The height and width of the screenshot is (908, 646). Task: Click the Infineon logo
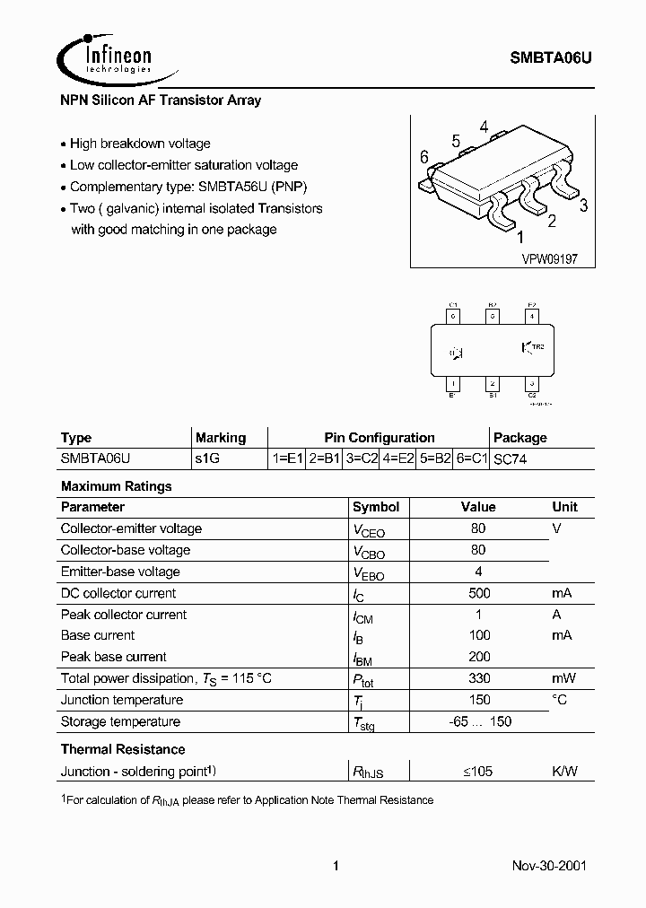point(106,57)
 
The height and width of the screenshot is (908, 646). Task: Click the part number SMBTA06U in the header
point(551,57)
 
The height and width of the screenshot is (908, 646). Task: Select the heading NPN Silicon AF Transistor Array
point(161,100)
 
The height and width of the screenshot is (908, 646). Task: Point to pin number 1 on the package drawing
point(519,238)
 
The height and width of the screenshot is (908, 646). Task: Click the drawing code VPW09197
point(550,258)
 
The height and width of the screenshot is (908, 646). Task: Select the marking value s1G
point(207,458)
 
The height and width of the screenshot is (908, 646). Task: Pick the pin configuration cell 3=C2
point(362,458)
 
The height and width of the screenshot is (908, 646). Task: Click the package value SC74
point(511,458)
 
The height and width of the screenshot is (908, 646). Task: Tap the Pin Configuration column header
point(379,438)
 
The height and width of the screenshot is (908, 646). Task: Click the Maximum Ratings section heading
point(116,486)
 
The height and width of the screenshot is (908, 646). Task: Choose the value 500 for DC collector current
point(478,593)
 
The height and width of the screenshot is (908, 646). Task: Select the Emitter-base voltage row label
point(120,572)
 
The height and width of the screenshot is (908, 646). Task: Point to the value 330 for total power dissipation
point(478,679)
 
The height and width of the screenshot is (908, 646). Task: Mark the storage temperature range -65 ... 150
point(480,721)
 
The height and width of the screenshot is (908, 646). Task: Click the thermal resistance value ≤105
point(478,771)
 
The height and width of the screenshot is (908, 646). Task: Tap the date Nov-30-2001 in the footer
point(551,867)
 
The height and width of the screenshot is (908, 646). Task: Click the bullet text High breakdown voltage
point(140,144)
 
